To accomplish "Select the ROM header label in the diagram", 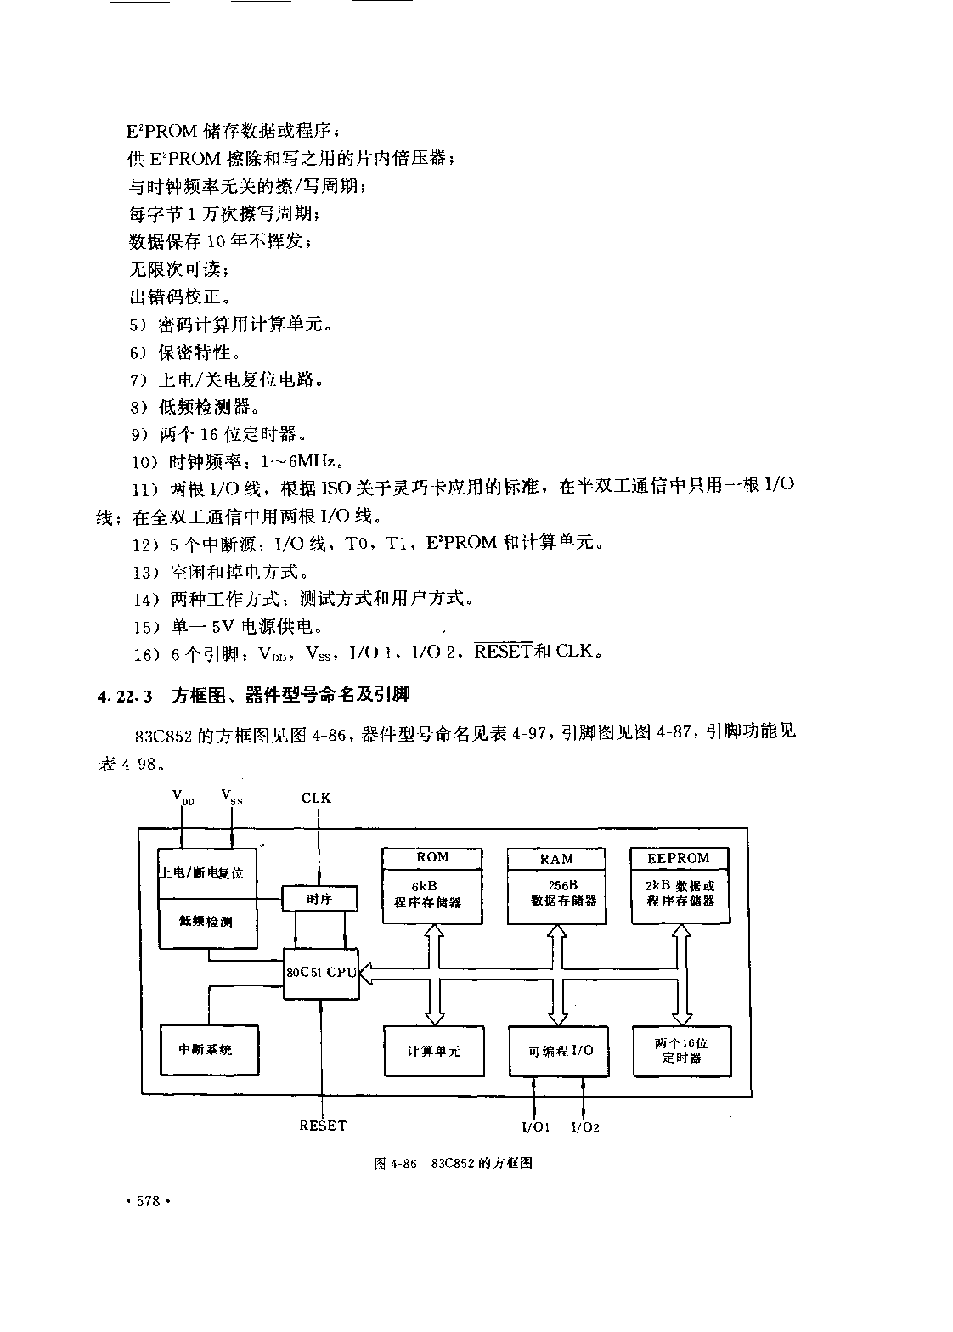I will [x=432, y=857].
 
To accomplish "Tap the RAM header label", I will [x=556, y=859].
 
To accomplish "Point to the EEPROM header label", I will [x=678, y=858].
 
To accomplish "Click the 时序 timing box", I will [x=319, y=898].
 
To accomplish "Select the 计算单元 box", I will [x=433, y=1051].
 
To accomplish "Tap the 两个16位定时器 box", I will [x=681, y=1050].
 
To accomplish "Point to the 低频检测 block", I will [x=207, y=922].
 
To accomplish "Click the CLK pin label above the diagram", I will [x=317, y=798].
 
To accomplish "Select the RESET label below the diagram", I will [x=323, y=1126].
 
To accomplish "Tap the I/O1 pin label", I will [x=536, y=1127].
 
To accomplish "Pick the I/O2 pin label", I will [x=585, y=1127].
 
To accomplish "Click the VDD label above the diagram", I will [x=182, y=797].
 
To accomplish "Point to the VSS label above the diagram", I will [x=231, y=796].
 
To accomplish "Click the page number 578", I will [x=148, y=1201].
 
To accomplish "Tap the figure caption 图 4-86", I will [x=395, y=1164].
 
